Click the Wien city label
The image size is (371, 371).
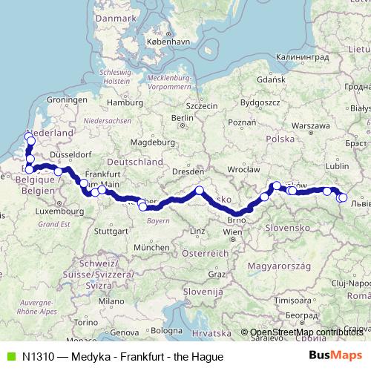click(232, 232)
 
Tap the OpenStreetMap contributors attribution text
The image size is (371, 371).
click(305, 332)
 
